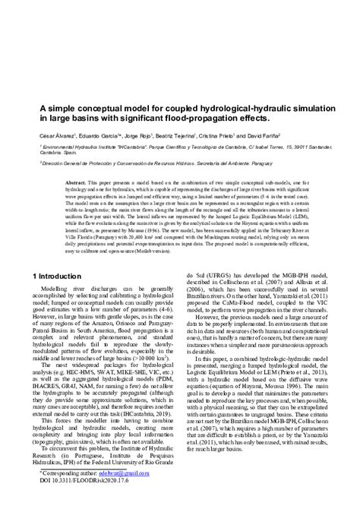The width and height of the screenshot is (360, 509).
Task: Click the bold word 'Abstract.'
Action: coord(77,183)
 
